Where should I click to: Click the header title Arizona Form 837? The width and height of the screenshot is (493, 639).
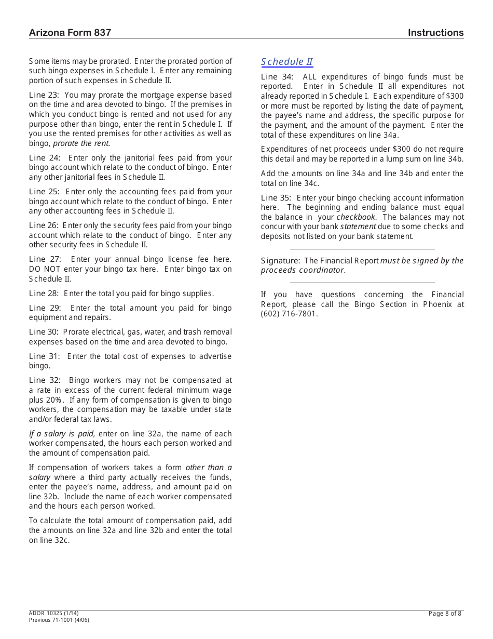point(70,33)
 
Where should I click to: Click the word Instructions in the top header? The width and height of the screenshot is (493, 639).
point(435,33)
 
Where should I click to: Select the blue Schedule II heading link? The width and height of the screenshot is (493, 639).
point(286,62)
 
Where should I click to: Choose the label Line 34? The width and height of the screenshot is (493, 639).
point(277,77)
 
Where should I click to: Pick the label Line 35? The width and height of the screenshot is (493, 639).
point(277,198)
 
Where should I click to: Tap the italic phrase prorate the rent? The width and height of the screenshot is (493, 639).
point(81,143)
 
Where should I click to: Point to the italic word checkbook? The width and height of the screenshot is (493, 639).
point(356,217)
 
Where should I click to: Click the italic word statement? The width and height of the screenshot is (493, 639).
point(358,227)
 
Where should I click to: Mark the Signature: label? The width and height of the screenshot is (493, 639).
point(280,261)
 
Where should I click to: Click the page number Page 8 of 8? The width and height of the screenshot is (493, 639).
point(445,614)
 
